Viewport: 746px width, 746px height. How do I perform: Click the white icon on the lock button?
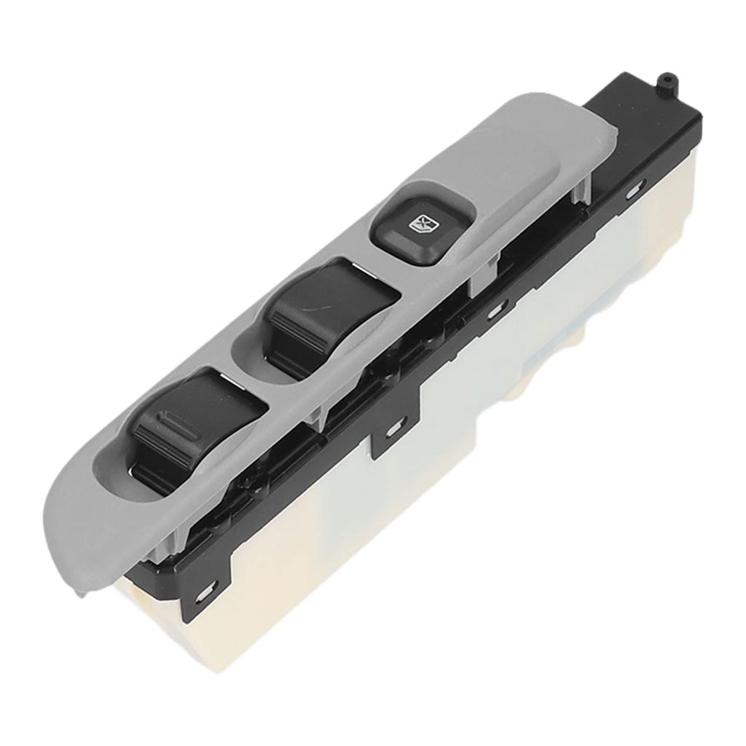coord(422,224)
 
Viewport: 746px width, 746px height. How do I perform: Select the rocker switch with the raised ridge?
coord(193,426)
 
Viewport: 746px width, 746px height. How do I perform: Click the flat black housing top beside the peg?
coord(641,117)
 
